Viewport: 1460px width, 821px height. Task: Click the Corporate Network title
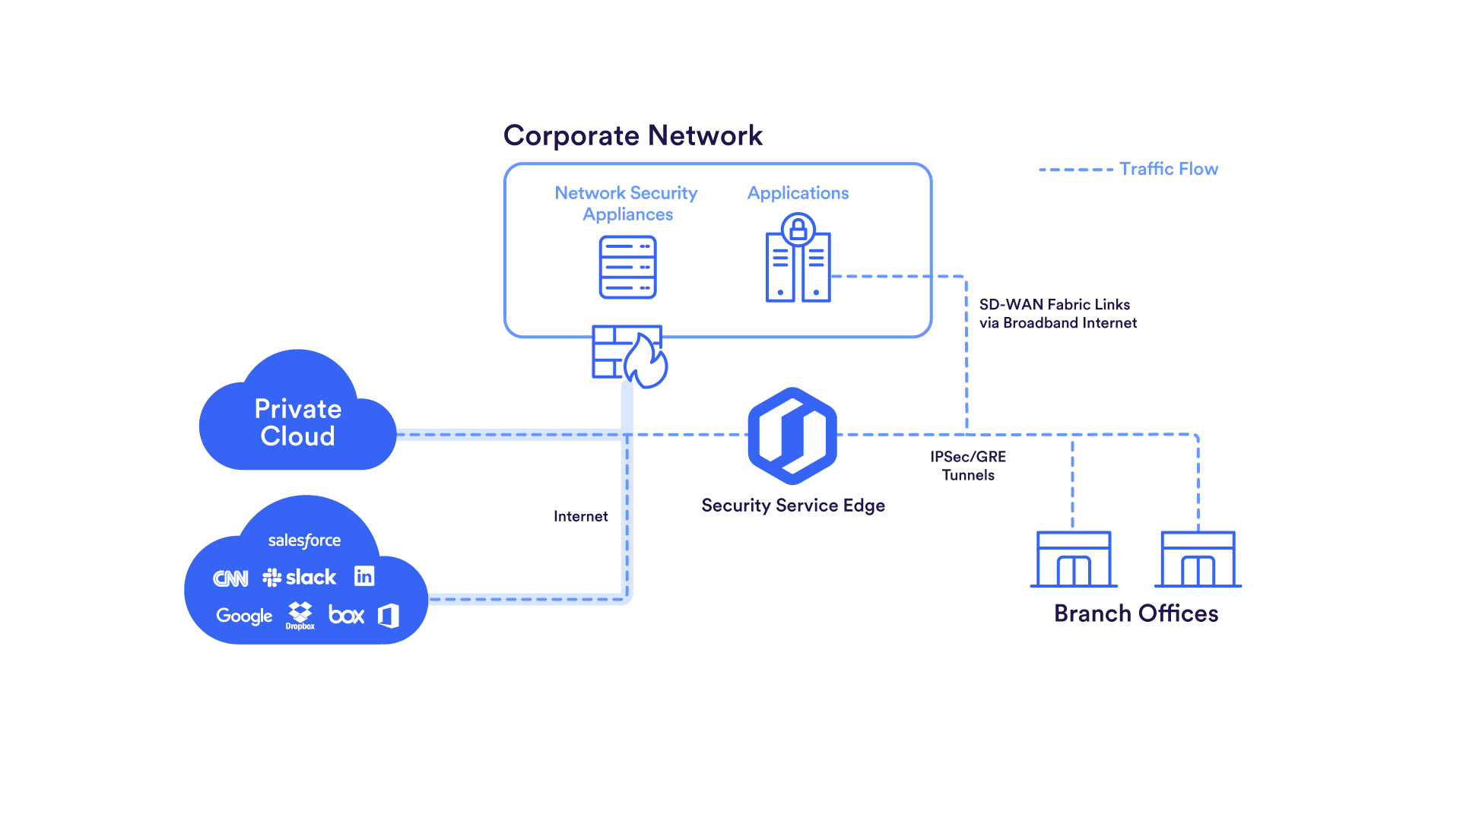tap(633, 136)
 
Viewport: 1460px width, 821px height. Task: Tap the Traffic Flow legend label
tap(1168, 169)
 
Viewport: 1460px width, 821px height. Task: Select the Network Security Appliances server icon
tap(627, 267)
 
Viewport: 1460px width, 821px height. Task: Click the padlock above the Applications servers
tap(798, 230)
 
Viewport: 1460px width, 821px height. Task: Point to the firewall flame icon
tap(646, 362)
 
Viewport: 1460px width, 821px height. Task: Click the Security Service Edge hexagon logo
tap(792, 436)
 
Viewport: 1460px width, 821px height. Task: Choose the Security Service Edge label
tap(792, 506)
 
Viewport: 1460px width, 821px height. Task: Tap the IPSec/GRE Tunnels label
tap(968, 466)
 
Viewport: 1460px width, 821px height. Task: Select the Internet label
tap(580, 516)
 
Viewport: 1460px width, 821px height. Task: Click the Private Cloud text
tap(297, 423)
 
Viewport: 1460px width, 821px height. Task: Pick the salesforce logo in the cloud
tap(304, 540)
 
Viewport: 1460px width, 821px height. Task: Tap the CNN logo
tap(230, 579)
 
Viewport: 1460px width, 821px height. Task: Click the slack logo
tap(300, 578)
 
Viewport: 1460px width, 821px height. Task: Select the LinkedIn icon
tap(364, 576)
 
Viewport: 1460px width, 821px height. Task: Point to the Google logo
tap(244, 616)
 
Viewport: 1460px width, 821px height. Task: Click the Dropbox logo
tap(300, 614)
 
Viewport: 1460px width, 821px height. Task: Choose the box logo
tap(346, 614)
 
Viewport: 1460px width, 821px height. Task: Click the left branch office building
tap(1074, 559)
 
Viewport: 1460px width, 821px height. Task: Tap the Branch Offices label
tap(1135, 613)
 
